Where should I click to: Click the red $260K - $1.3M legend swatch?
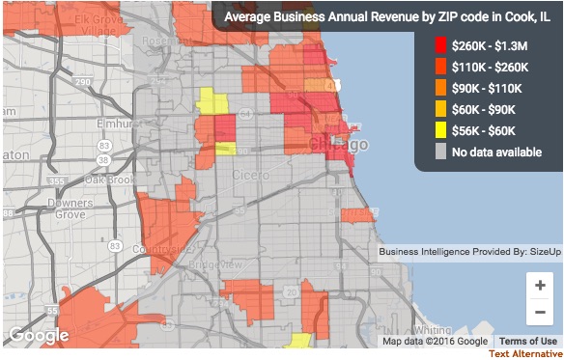441,45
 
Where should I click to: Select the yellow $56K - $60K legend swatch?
441,130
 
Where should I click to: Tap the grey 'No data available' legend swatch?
441,152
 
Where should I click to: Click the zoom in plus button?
539,285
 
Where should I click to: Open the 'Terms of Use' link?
527,341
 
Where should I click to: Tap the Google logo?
39,335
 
